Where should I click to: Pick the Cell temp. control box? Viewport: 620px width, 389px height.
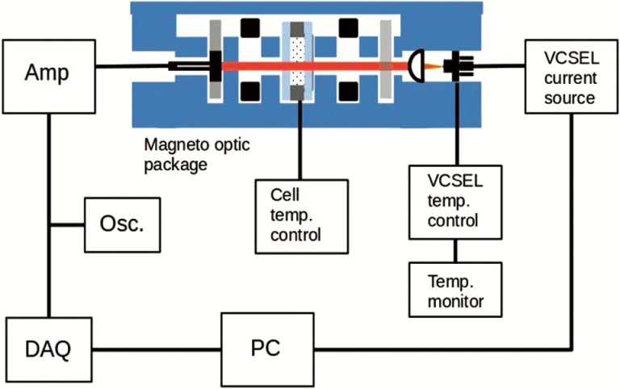(299, 213)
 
